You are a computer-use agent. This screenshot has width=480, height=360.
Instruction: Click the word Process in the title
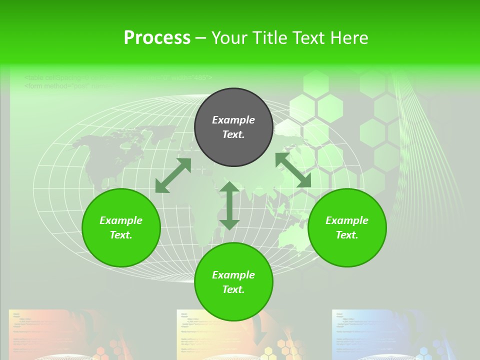click(157, 38)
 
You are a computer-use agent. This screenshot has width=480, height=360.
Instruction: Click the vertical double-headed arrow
click(229, 205)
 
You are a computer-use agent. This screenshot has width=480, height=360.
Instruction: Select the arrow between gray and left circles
click(173, 175)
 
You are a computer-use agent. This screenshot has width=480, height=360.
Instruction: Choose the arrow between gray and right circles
click(293, 170)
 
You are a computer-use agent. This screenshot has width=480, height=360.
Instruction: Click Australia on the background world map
click(295, 235)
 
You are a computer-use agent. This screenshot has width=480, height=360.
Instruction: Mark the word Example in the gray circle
click(233, 120)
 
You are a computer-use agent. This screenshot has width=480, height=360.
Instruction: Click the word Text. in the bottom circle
click(233, 289)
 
